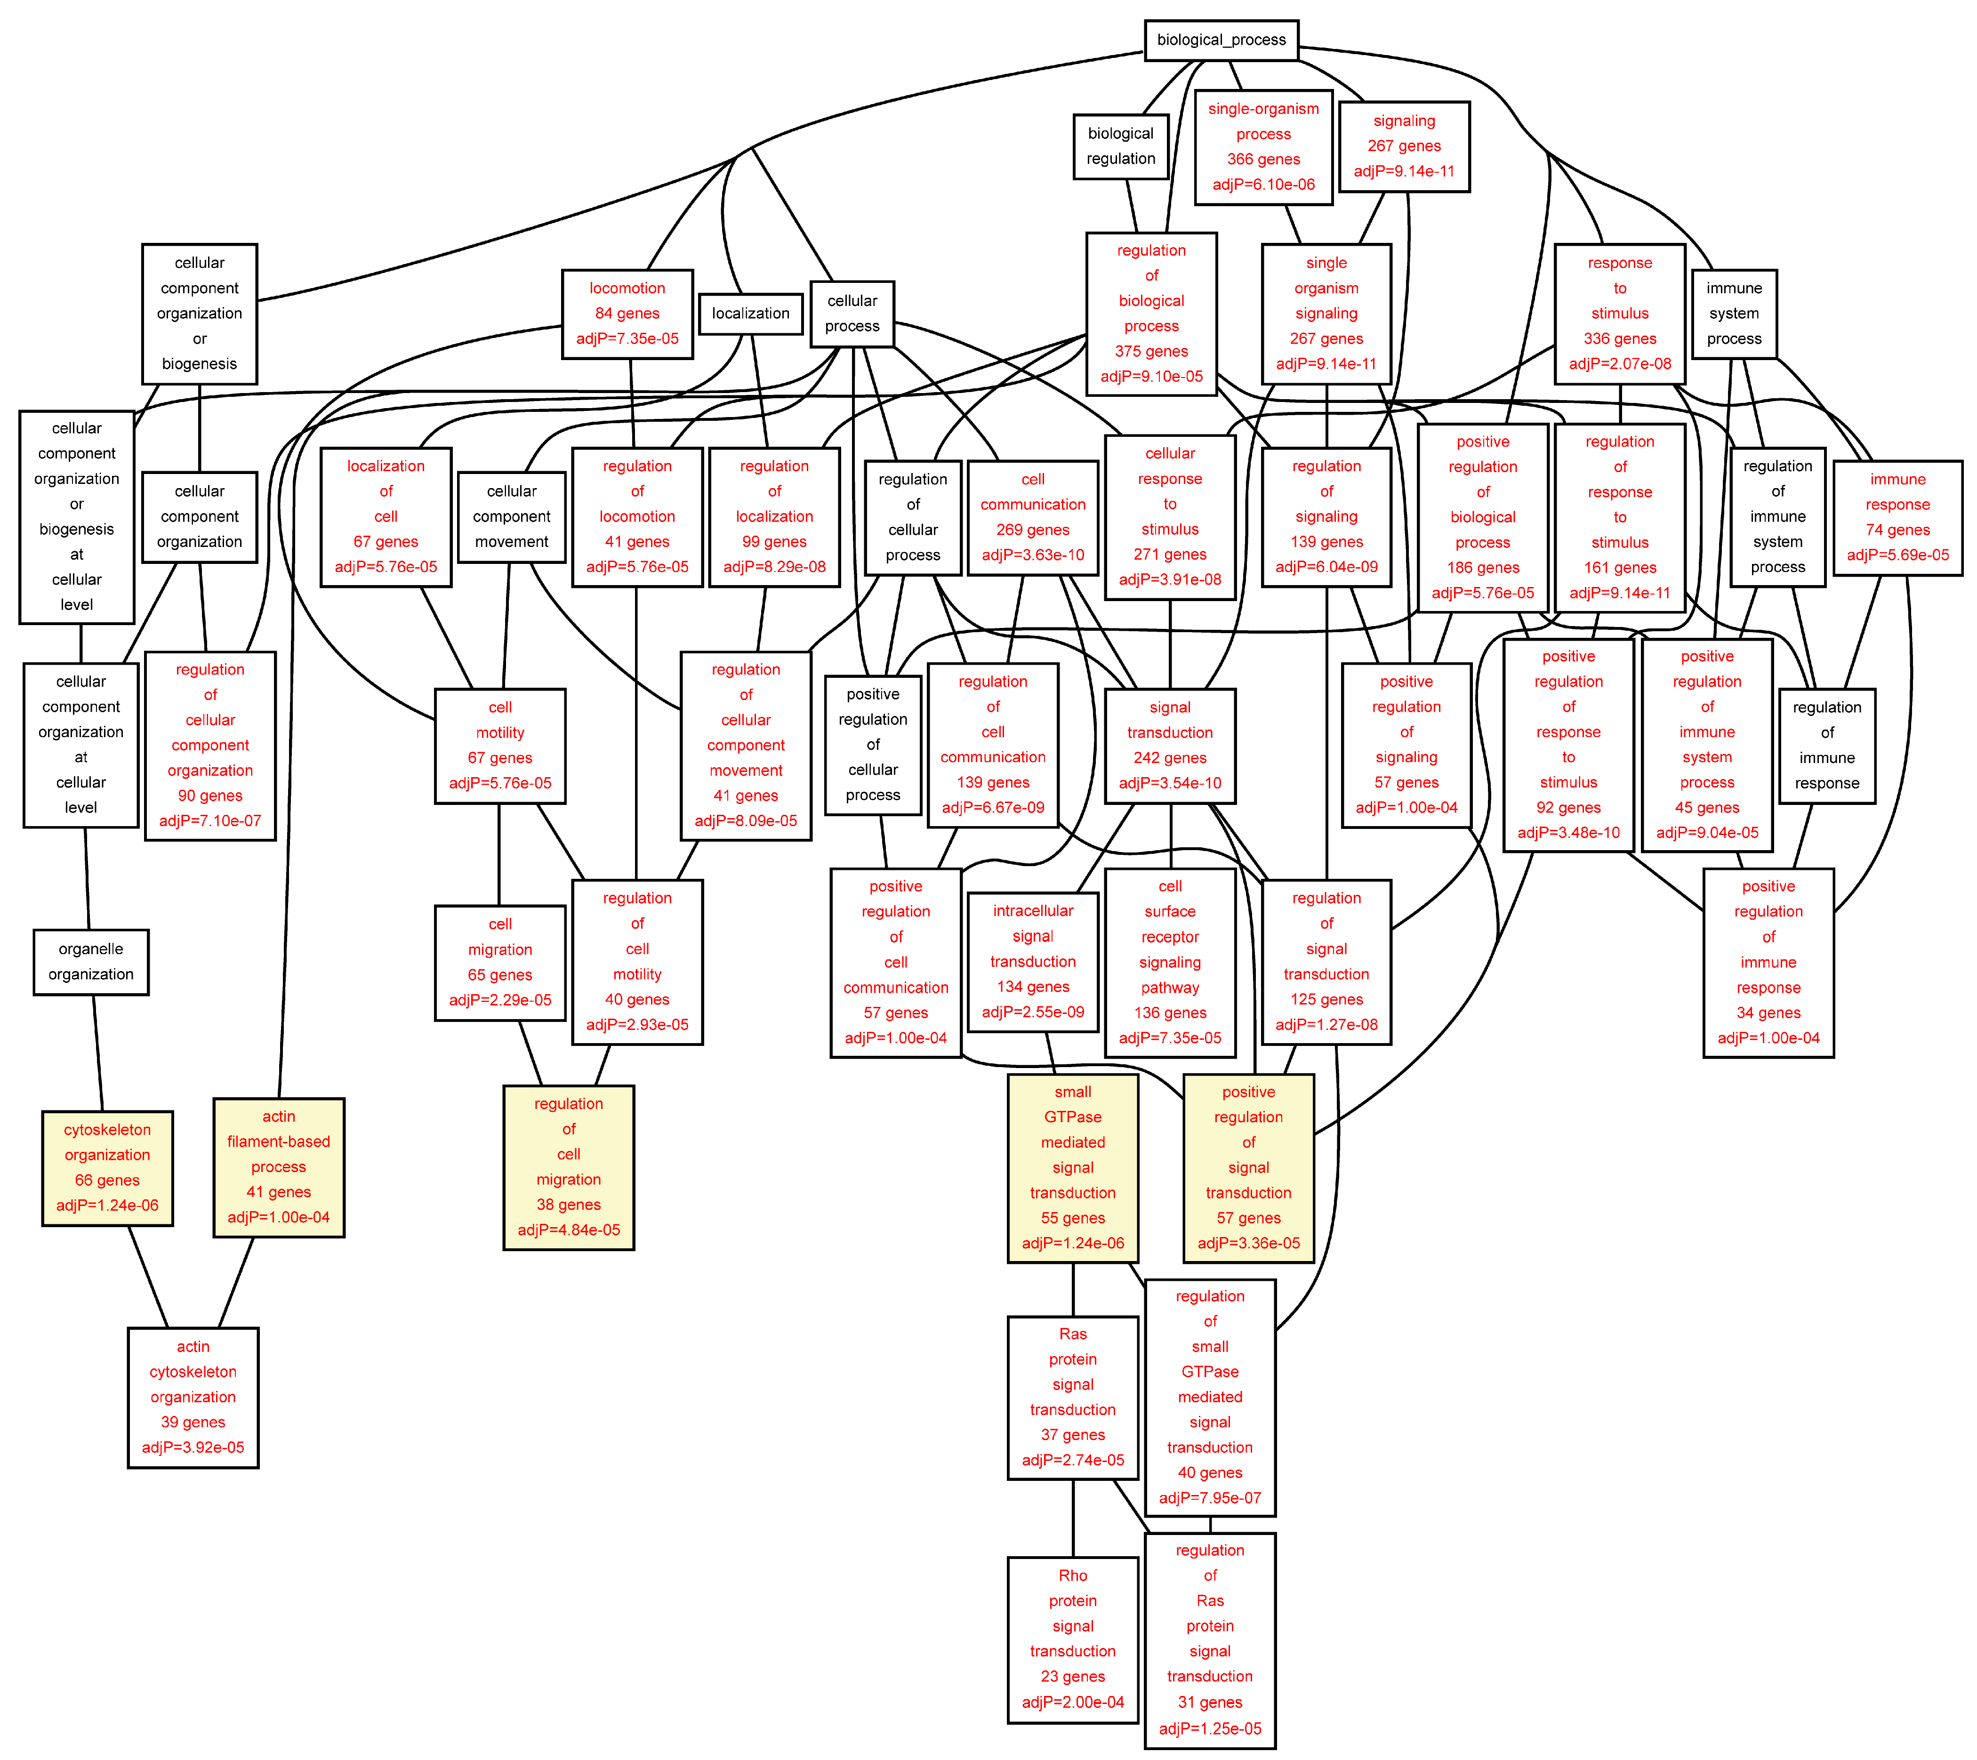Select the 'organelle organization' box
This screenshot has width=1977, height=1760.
click(x=91, y=962)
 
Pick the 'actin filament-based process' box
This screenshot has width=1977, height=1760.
click(x=279, y=1167)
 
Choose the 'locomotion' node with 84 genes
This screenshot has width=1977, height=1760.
click(x=628, y=313)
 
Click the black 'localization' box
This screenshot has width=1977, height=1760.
click(x=751, y=313)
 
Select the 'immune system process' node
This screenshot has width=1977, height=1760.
click(x=1734, y=313)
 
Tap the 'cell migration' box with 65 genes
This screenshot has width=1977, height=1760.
click(x=500, y=962)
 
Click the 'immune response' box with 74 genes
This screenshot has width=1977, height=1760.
click(x=1898, y=517)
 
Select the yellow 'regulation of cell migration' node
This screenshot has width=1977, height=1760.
click(x=569, y=1167)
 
